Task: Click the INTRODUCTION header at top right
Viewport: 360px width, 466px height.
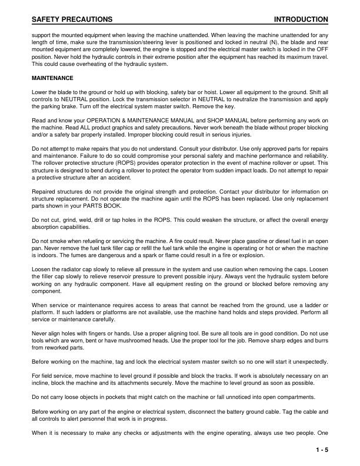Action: [x=301, y=19]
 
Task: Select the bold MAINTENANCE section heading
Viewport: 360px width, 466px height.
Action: [x=52, y=78]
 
